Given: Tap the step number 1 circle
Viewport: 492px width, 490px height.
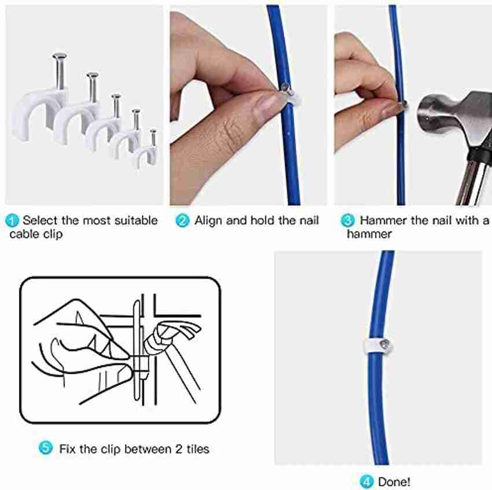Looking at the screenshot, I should coord(13,220).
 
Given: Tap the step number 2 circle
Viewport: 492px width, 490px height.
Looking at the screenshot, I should coord(182,220).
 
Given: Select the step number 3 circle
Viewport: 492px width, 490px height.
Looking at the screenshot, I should coord(348,220).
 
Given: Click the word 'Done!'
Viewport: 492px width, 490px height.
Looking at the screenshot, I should coord(395,481).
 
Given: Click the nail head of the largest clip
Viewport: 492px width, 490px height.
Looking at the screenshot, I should coord(60,56).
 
